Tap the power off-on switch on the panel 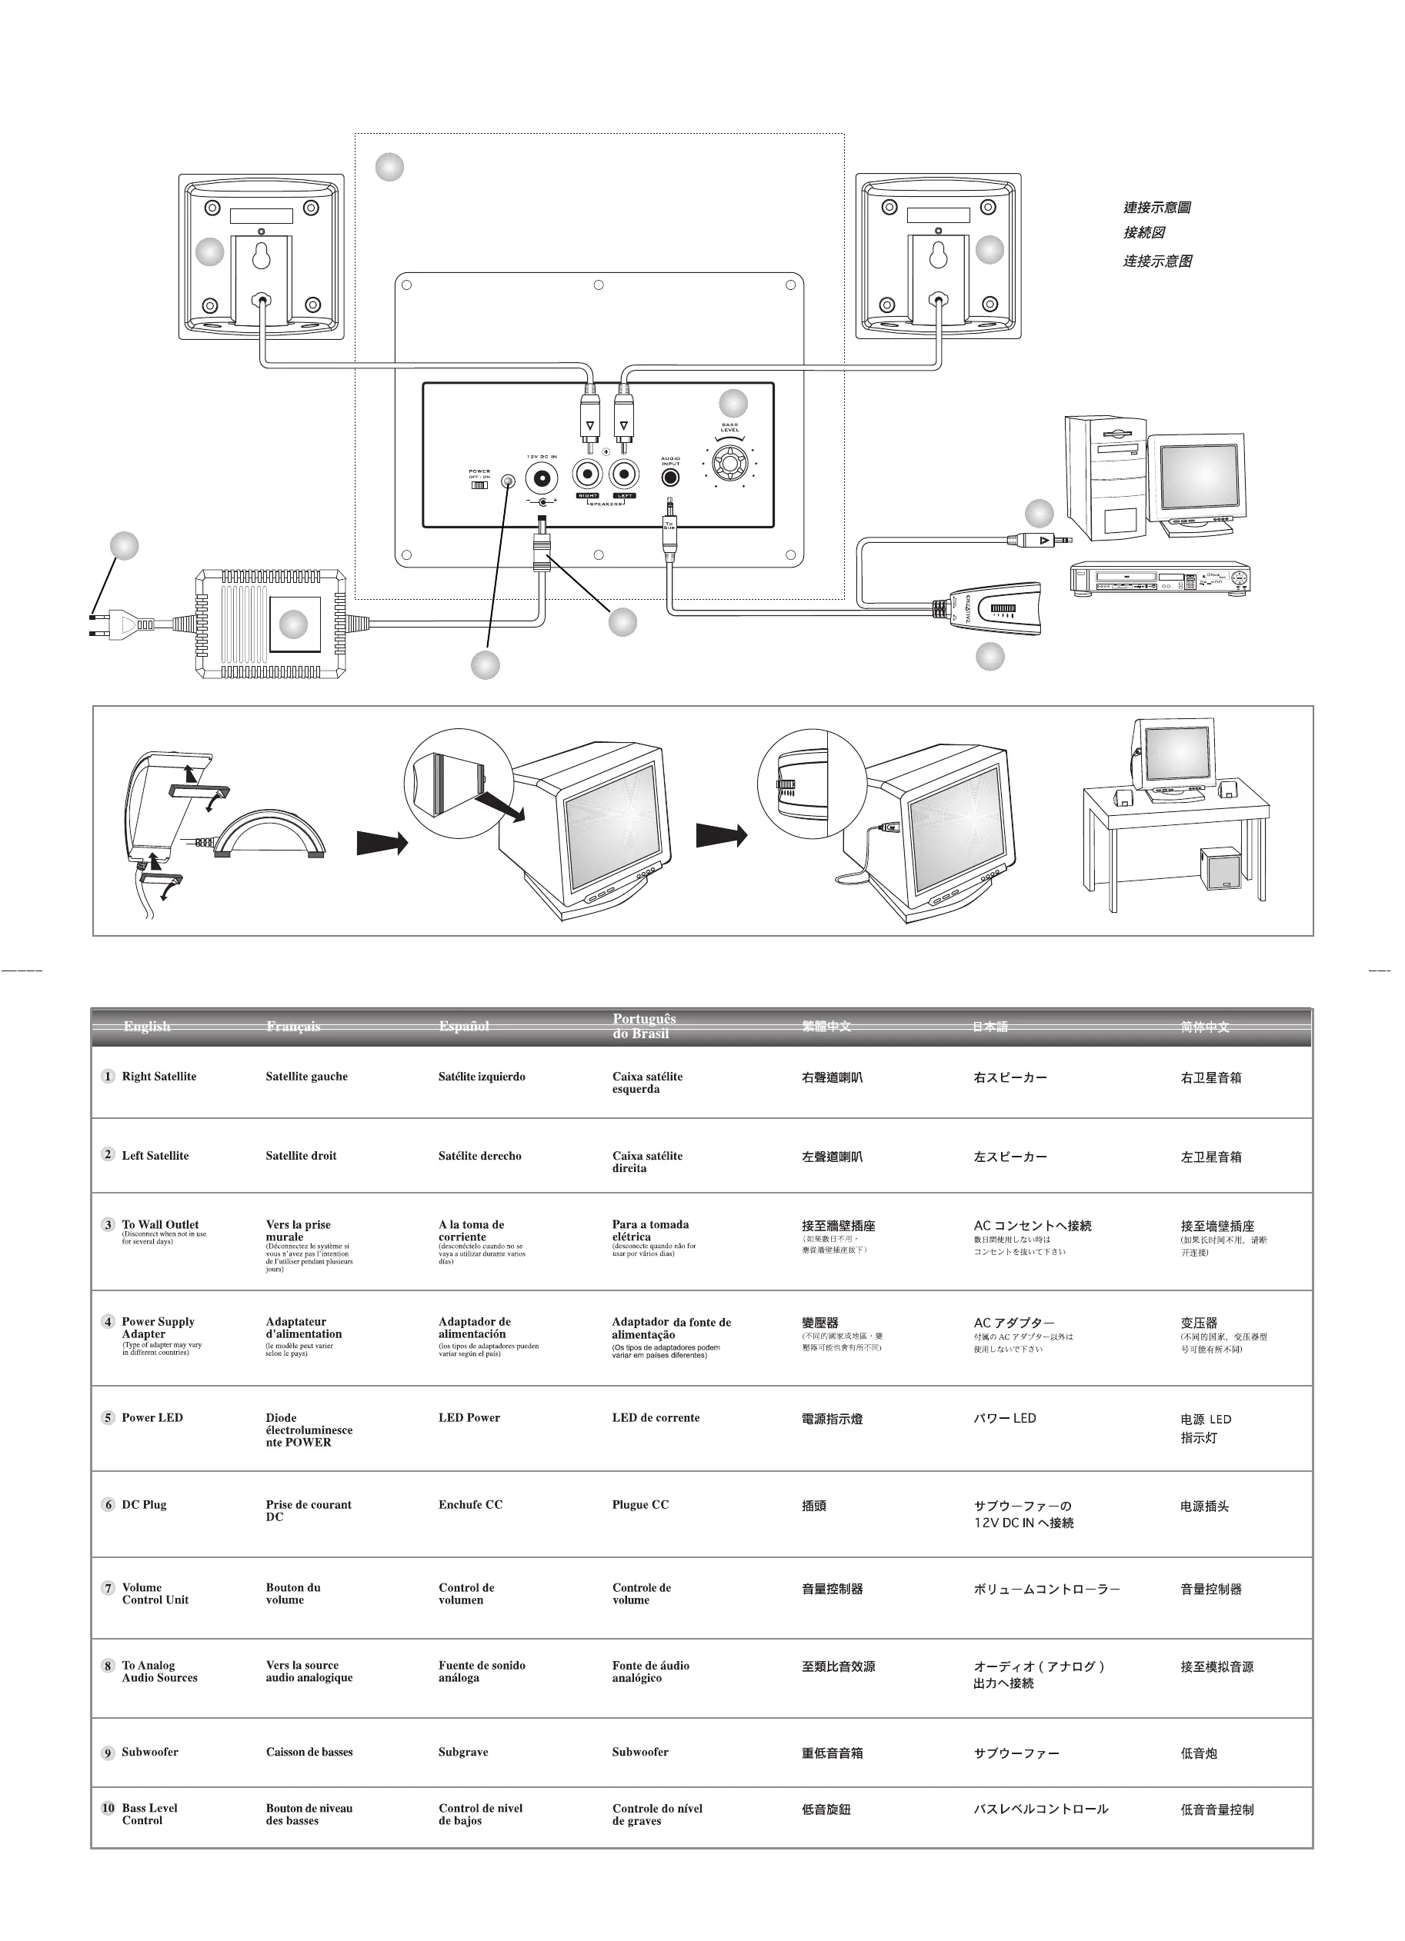pyautogui.click(x=479, y=484)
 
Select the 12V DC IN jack pyautogui.click(x=542, y=475)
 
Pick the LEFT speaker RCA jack pyautogui.click(x=624, y=474)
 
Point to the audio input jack pyautogui.click(x=670, y=478)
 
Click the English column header pyautogui.click(x=146, y=1026)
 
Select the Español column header pyautogui.click(x=463, y=1026)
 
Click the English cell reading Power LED pyautogui.click(x=152, y=1418)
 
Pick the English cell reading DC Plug pyautogui.click(x=144, y=1504)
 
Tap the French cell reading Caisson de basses pyautogui.click(x=309, y=1752)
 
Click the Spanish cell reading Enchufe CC pyautogui.click(x=470, y=1504)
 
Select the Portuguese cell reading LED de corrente pyautogui.click(x=656, y=1418)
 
